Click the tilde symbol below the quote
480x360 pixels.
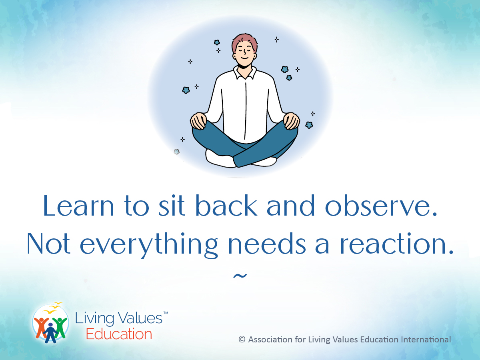[240, 276]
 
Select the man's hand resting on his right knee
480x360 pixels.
[199, 120]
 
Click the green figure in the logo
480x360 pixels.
[60, 326]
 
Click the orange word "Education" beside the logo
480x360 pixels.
[119, 334]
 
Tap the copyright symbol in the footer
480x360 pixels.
[242, 340]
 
